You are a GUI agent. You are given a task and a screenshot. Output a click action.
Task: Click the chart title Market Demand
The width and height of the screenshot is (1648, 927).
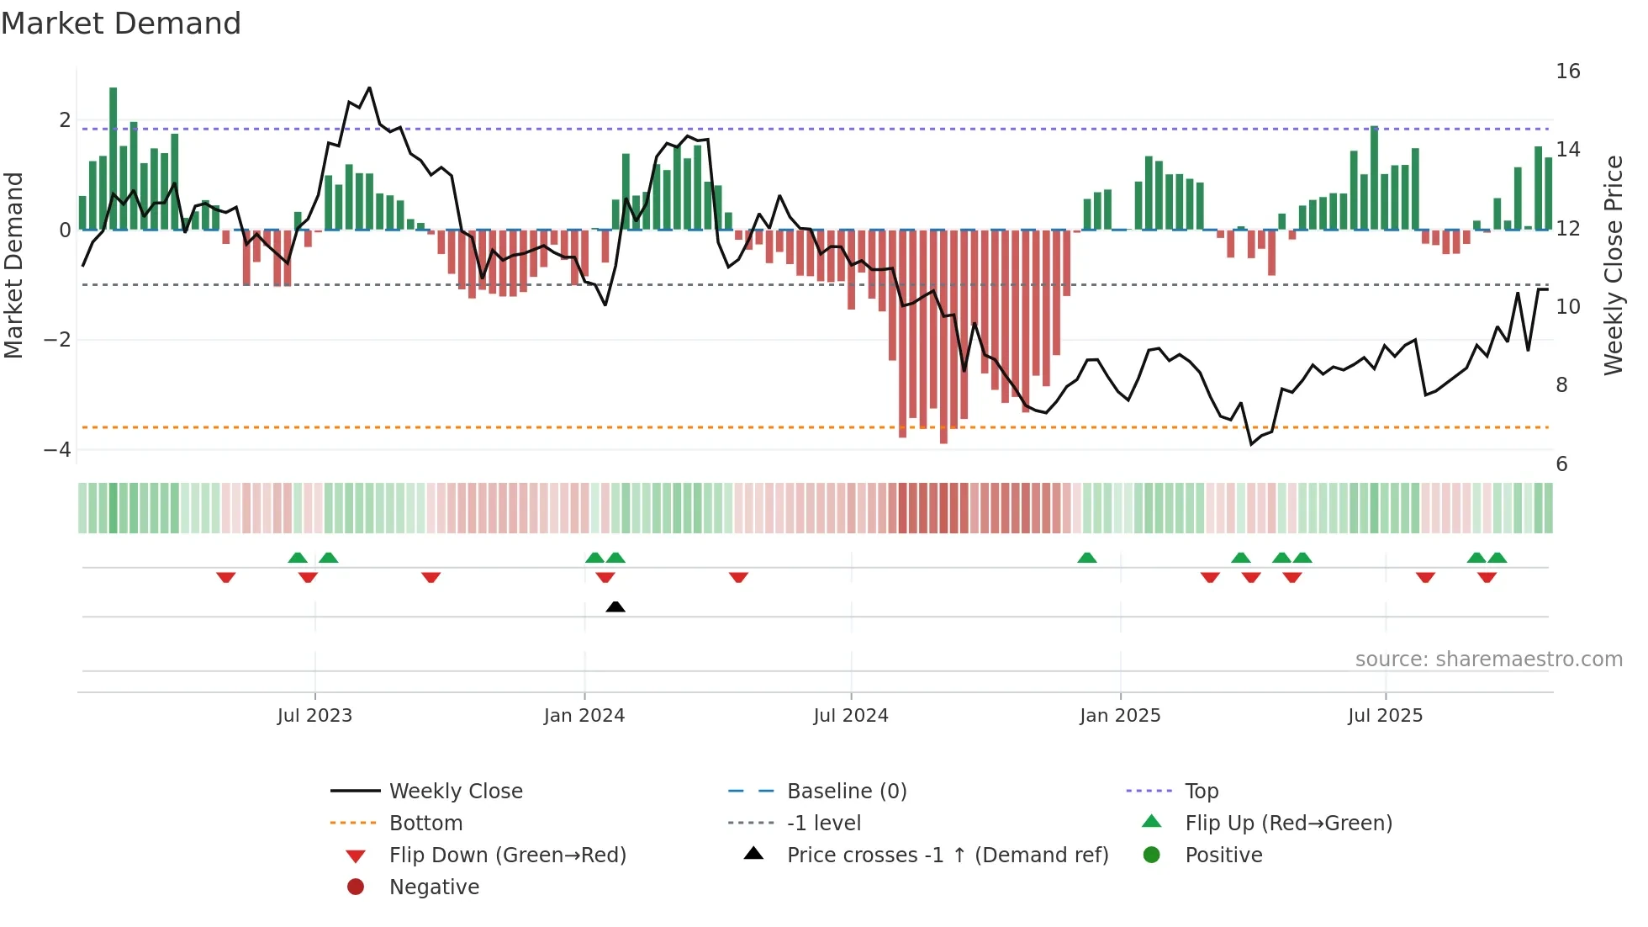click(x=121, y=24)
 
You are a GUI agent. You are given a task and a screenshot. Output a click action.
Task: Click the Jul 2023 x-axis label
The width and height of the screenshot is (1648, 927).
click(x=314, y=716)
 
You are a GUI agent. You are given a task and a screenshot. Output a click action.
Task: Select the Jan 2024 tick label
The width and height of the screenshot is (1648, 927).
click(x=584, y=716)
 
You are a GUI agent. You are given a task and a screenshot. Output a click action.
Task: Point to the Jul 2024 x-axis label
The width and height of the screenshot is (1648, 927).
click(x=850, y=716)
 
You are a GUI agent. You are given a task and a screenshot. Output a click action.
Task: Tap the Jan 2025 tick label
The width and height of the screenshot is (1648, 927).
click(x=1119, y=716)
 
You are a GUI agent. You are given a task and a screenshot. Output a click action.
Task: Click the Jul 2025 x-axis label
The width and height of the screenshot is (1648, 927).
click(x=1385, y=716)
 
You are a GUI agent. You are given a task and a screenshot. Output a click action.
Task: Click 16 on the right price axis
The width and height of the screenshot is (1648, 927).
click(x=1567, y=72)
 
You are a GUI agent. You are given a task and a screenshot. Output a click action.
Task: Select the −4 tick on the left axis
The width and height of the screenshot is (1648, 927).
click(x=57, y=450)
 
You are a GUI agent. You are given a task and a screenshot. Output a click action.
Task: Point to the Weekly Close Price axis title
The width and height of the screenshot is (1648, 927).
click(x=1613, y=265)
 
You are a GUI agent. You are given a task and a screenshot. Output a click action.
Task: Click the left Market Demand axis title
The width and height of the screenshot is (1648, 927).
click(x=14, y=265)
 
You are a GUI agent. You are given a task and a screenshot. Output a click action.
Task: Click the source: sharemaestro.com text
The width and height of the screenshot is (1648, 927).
click(x=1488, y=659)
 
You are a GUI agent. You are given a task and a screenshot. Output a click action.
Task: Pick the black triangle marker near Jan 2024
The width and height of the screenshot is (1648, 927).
click(x=615, y=607)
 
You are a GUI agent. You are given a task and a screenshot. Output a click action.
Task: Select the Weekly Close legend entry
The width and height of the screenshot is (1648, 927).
click(x=455, y=792)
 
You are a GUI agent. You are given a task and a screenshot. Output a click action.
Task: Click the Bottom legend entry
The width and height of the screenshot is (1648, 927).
click(x=425, y=824)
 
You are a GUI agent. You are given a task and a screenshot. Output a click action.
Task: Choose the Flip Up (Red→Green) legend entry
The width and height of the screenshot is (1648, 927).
click(x=1288, y=824)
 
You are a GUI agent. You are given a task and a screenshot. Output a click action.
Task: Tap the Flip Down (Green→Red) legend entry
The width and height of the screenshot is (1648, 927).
click(x=507, y=855)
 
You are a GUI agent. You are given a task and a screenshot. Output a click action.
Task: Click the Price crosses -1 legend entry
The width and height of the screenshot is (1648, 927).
click(x=947, y=855)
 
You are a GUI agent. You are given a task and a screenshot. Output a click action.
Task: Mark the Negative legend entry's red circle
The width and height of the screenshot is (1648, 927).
click(x=356, y=887)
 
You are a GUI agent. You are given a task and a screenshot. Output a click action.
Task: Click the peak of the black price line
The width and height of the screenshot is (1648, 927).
click(x=369, y=88)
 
